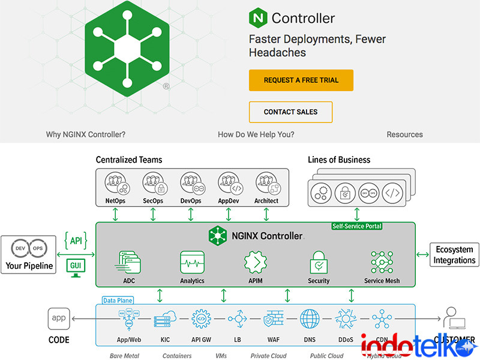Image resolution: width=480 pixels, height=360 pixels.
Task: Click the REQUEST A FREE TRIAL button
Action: [x=301, y=80]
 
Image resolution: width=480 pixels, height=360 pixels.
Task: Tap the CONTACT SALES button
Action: [x=290, y=112]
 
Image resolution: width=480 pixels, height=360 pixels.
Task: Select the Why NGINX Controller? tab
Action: [x=90, y=134]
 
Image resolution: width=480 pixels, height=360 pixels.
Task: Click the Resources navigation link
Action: [x=405, y=134]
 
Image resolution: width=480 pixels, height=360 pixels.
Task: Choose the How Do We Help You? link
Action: [x=256, y=134]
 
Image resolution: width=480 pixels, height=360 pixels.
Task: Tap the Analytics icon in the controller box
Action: [x=192, y=262]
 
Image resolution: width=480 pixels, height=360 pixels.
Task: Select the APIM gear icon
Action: [x=255, y=262]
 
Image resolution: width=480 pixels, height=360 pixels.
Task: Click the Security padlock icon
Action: [x=319, y=262]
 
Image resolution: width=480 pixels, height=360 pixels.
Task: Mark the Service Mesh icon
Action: [x=382, y=262]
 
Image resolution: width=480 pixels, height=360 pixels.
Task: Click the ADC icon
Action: [x=129, y=262]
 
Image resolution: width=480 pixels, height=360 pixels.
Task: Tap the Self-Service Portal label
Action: [x=357, y=226]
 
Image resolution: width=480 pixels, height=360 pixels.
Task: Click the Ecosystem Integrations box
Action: [x=454, y=254]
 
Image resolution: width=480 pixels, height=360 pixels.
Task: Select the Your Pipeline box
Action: [x=29, y=255]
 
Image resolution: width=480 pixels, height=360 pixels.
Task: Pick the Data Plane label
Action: [x=118, y=300]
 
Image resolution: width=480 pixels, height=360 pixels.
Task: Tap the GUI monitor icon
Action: [x=76, y=267]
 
